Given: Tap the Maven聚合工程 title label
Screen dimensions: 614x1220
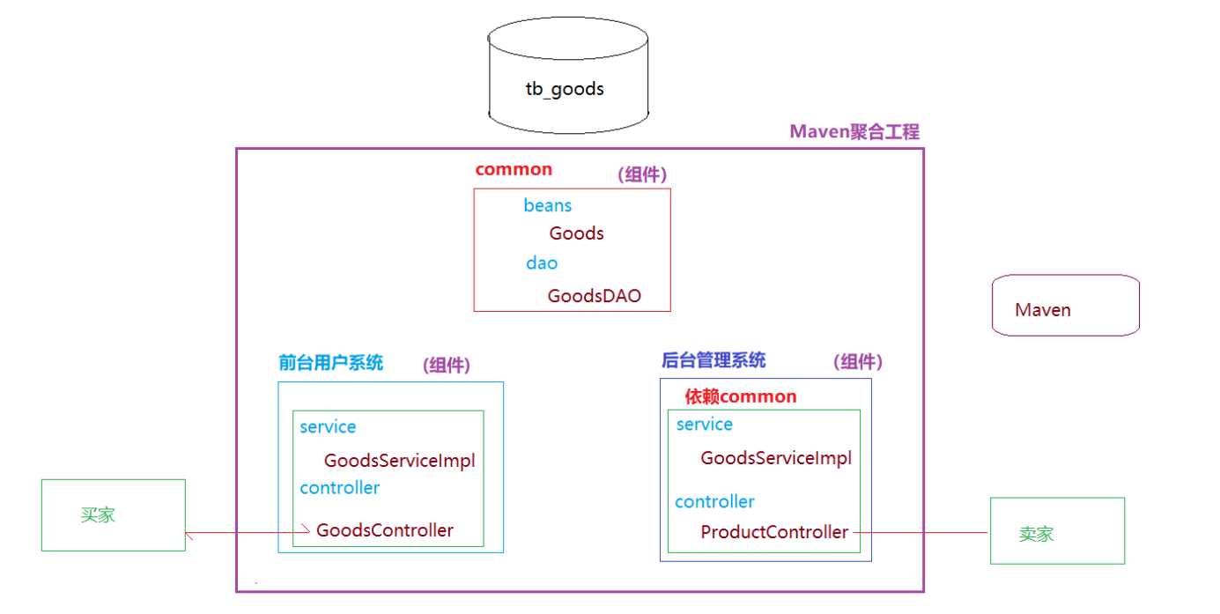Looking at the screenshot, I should pos(854,132).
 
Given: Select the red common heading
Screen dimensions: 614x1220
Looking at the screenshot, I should pos(514,169).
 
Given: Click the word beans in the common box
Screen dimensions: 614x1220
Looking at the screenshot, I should pos(547,205).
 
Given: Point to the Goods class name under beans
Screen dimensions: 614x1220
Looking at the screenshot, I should pos(576,233).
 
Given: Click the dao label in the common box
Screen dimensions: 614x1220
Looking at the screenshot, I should pos(542,263).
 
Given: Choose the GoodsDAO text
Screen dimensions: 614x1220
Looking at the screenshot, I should pos(594,296).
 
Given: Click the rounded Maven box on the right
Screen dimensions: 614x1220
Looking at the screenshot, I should pos(1065,306).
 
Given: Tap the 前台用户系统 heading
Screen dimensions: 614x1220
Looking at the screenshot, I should pos(330,363).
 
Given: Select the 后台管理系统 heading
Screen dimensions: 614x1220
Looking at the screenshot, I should pos(713,359).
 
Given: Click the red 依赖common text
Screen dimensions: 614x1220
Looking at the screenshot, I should pos(740,396).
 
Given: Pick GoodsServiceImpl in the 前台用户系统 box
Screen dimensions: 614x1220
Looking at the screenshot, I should pos(399,461).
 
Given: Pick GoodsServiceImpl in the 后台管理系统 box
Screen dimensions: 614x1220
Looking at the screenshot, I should pos(775,458).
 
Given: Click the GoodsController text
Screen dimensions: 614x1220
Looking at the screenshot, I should pos(385,530).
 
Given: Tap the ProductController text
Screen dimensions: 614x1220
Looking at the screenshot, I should pos(774,532).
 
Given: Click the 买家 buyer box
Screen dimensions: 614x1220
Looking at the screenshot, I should pos(113,515).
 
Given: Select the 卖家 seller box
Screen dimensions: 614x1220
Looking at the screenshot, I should pos(1057,530).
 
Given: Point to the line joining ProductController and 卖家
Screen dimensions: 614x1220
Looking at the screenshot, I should pos(921,532).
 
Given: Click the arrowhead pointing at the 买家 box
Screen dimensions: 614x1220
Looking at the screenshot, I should pos(190,532).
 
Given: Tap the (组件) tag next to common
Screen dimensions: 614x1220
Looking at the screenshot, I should pos(643,174).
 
